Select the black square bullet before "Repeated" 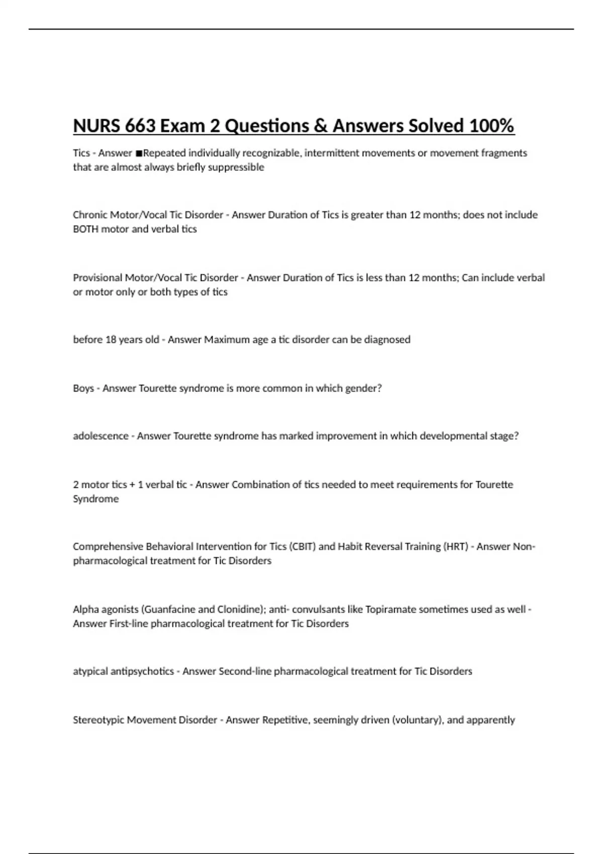[x=138, y=153]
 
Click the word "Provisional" [x=97, y=278]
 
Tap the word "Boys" [x=83, y=388]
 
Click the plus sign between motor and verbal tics [x=132, y=485]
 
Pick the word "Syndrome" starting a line [x=95, y=499]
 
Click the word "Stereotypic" [x=98, y=720]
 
